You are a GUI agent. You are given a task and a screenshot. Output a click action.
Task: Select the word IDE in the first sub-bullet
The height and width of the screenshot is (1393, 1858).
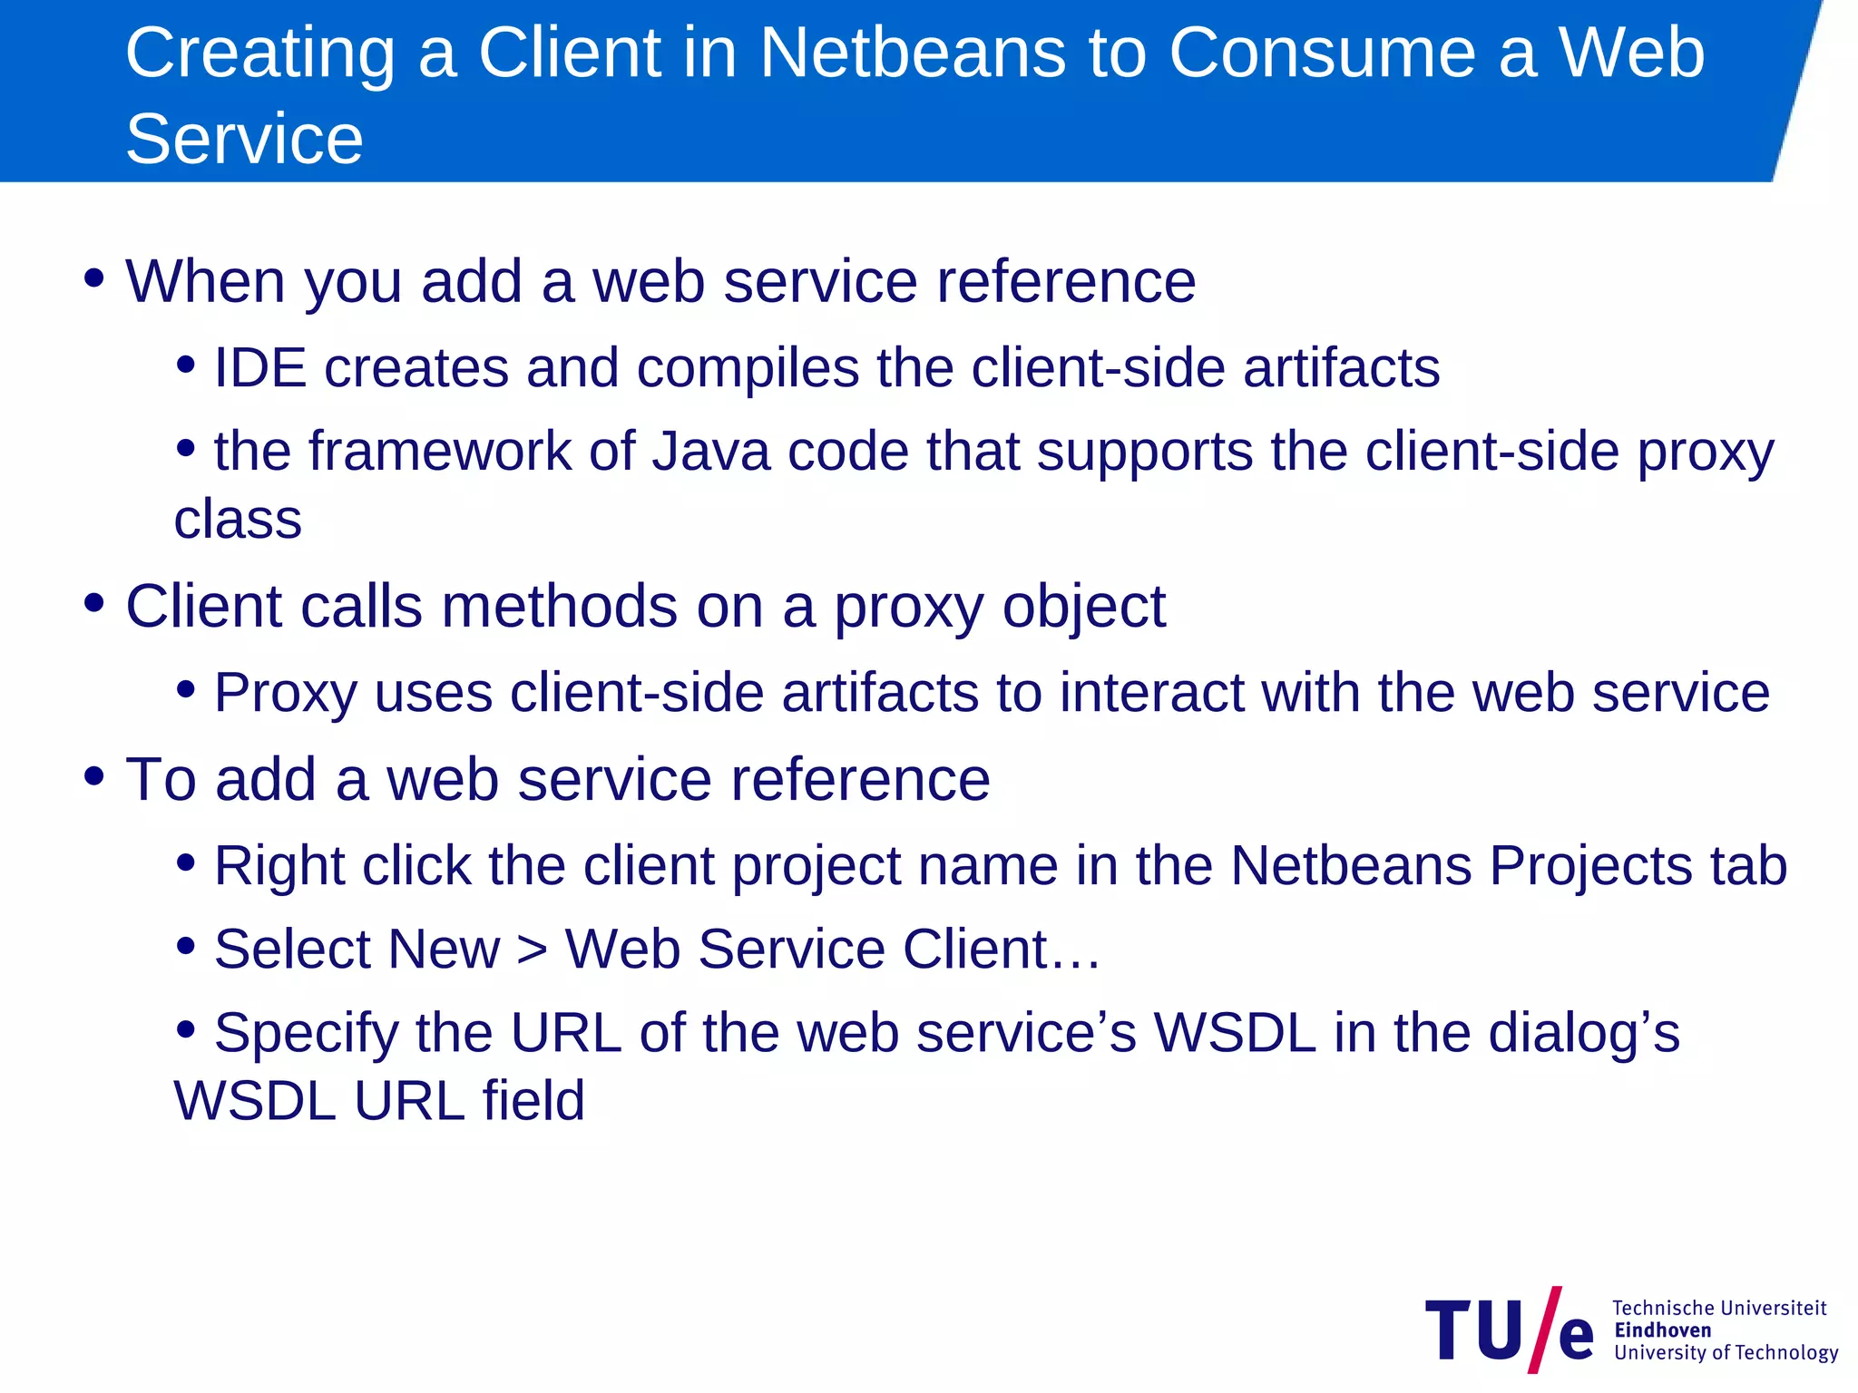(259, 368)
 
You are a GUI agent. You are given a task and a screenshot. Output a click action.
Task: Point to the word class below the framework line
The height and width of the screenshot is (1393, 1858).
(238, 520)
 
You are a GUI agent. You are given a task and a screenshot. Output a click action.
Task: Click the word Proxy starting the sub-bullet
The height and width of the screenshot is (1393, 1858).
(285, 694)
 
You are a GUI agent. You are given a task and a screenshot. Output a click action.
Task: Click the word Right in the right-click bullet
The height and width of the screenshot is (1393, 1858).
(279, 865)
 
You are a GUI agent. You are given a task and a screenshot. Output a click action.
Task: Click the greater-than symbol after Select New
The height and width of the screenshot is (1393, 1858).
(533, 950)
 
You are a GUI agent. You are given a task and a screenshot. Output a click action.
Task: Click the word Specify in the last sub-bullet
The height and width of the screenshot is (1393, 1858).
(307, 1034)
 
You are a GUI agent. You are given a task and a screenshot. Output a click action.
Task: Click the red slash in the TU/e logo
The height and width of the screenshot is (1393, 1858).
(1544, 1330)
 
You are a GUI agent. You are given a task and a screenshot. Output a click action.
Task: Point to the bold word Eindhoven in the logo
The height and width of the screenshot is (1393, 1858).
(1663, 1330)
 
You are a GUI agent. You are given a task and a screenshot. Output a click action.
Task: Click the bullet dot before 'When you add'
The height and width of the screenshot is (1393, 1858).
(93, 278)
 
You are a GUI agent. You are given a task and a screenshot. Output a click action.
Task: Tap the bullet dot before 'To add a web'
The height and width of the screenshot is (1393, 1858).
(93, 776)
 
